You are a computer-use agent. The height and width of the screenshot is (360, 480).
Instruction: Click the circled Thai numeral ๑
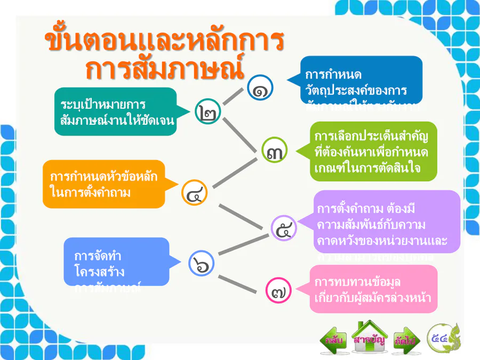coord(260,87)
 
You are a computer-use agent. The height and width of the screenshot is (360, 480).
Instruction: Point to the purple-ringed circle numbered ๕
coord(284,229)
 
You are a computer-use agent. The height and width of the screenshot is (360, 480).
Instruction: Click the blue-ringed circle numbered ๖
coord(202,263)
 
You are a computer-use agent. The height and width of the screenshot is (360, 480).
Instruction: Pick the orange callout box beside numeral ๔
coord(104,183)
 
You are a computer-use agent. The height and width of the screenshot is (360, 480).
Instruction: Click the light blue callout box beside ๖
coord(116,262)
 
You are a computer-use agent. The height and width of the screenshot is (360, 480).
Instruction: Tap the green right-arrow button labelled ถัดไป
coord(405,340)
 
